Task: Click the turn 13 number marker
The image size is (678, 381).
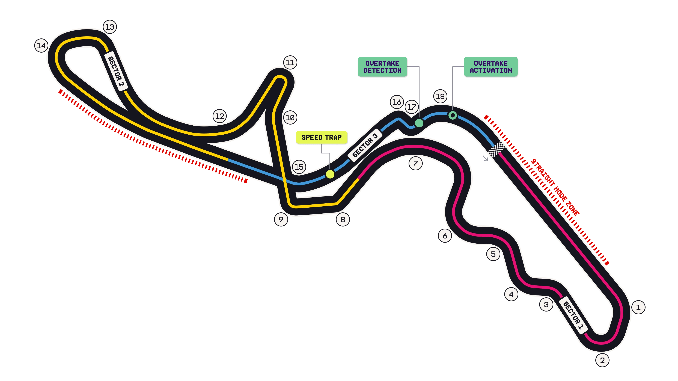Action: pyautogui.click(x=110, y=27)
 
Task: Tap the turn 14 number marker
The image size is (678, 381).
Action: pyautogui.click(x=41, y=46)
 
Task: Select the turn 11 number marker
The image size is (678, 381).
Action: pyautogui.click(x=290, y=63)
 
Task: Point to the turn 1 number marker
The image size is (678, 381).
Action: pyautogui.click(x=638, y=307)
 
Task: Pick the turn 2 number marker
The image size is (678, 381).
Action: pyautogui.click(x=602, y=360)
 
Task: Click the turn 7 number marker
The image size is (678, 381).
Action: pyautogui.click(x=415, y=163)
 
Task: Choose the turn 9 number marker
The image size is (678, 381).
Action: pyautogui.click(x=281, y=219)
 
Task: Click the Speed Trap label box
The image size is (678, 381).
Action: pyautogui.click(x=321, y=137)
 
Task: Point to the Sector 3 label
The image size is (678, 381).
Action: pyautogui.click(x=365, y=145)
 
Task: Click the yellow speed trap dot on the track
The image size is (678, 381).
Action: pyautogui.click(x=330, y=174)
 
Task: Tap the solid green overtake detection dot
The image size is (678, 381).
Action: pyautogui.click(x=419, y=123)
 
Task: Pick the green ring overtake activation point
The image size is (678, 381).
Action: pyautogui.click(x=452, y=115)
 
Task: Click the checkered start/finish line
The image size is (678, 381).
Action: pyautogui.click(x=497, y=149)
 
